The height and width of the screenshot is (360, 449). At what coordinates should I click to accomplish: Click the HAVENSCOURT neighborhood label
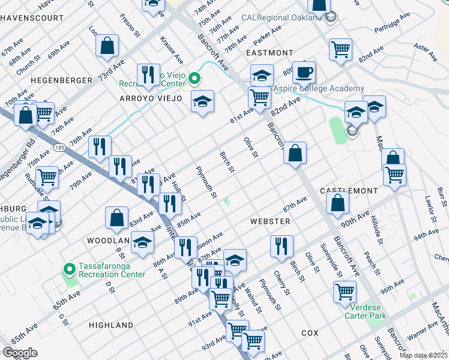pyautogui.click(x=31, y=18)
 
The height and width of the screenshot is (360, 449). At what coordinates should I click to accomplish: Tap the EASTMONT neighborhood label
pyautogui.click(x=270, y=53)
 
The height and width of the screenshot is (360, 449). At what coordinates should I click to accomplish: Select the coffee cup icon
pyautogui.click(x=304, y=73)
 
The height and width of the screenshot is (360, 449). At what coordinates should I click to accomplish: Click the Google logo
pyautogui.click(x=20, y=353)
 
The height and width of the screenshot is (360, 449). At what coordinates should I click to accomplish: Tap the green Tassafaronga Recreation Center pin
pyautogui.click(x=70, y=268)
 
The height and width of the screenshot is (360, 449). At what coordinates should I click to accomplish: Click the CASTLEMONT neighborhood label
pyautogui.click(x=349, y=190)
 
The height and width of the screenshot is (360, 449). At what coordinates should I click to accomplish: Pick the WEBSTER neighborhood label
pyautogui.click(x=270, y=221)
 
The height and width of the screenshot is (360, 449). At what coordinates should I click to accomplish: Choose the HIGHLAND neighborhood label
pyautogui.click(x=111, y=325)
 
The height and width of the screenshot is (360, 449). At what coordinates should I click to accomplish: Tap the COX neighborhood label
pyautogui.click(x=310, y=332)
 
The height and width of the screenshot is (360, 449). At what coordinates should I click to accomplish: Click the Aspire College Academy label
pyautogui.click(x=319, y=89)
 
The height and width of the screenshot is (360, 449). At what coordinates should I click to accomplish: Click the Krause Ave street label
pyautogui.click(x=171, y=50)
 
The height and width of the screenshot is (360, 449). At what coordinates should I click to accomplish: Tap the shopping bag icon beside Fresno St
pyautogui.click(x=107, y=46)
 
